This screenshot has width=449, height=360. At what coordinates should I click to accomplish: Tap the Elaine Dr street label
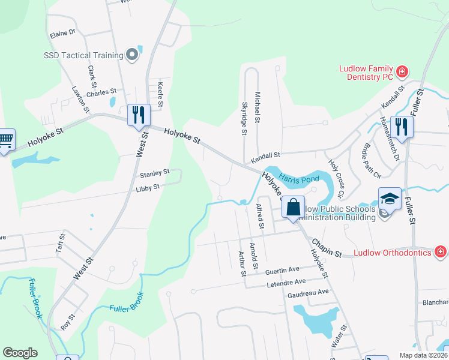[x=63, y=32]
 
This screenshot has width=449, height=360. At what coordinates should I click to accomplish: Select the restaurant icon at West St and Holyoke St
[x=139, y=115]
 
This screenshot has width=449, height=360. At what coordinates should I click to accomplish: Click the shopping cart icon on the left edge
[x=5, y=140]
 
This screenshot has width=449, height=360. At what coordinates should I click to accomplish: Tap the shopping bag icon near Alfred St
[x=293, y=208]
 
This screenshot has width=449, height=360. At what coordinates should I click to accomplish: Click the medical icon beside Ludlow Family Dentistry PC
[x=402, y=73]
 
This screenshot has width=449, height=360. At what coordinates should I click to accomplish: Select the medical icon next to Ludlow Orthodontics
[x=440, y=252]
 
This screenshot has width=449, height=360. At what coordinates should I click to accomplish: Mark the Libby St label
[x=148, y=187]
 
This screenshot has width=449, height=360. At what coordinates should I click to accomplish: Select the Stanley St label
[x=154, y=173]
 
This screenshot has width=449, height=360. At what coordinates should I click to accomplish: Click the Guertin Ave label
[x=282, y=271]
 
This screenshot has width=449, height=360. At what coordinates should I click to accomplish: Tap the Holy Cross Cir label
[x=334, y=178]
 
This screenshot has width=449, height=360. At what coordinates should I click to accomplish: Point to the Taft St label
[x=60, y=242]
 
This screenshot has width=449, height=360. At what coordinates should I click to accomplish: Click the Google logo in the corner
[x=20, y=353]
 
